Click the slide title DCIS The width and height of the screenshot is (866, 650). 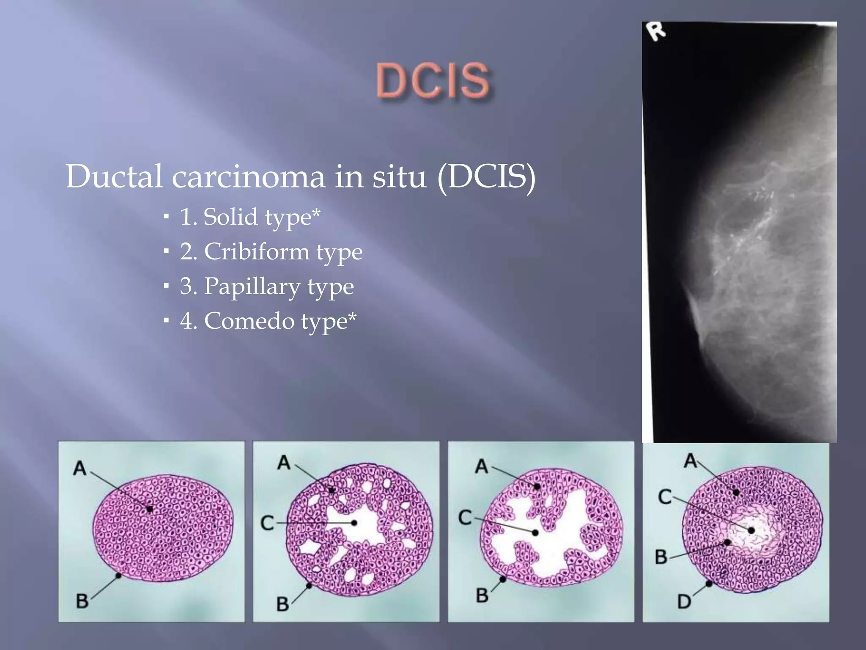pyautogui.click(x=433, y=80)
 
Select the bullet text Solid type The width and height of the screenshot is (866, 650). pyautogui.click(x=249, y=217)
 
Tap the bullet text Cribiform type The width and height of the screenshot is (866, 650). pyautogui.click(x=271, y=252)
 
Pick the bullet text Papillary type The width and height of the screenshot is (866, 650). pyautogui.click(x=267, y=286)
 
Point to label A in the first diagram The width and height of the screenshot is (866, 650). pyautogui.click(x=79, y=468)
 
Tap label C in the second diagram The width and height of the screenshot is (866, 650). pyautogui.click(x=267, y=523)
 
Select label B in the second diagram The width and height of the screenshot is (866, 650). pyautogui.click(x=282, y=604)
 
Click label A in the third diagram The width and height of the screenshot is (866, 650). pyautogui.click(x=481, y=466)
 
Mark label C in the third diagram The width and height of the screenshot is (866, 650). pyautogui.click(x=465, y=517)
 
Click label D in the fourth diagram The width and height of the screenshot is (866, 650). pyautogui.click(x=684, y=601)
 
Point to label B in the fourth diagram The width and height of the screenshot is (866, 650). pyautogui.click(x=661, y=556)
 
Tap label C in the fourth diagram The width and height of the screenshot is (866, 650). pyautogui.click(x=665, y=496)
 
